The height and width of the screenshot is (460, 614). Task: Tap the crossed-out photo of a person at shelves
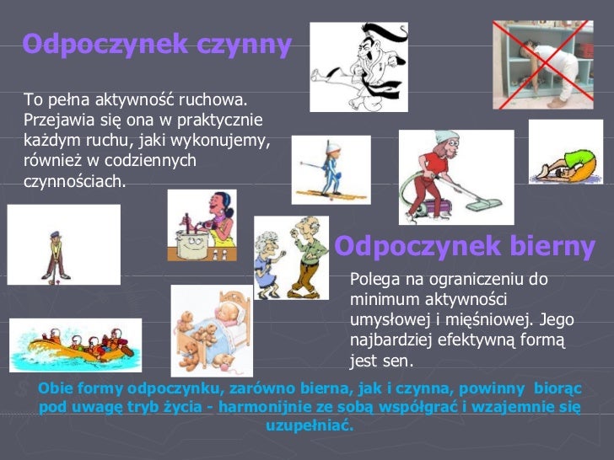tap(542, 65)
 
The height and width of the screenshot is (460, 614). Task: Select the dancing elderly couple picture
tap(291, 258)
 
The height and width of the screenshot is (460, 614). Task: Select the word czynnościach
tap(74, 180)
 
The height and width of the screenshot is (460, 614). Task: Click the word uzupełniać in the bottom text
tap(310, 425)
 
